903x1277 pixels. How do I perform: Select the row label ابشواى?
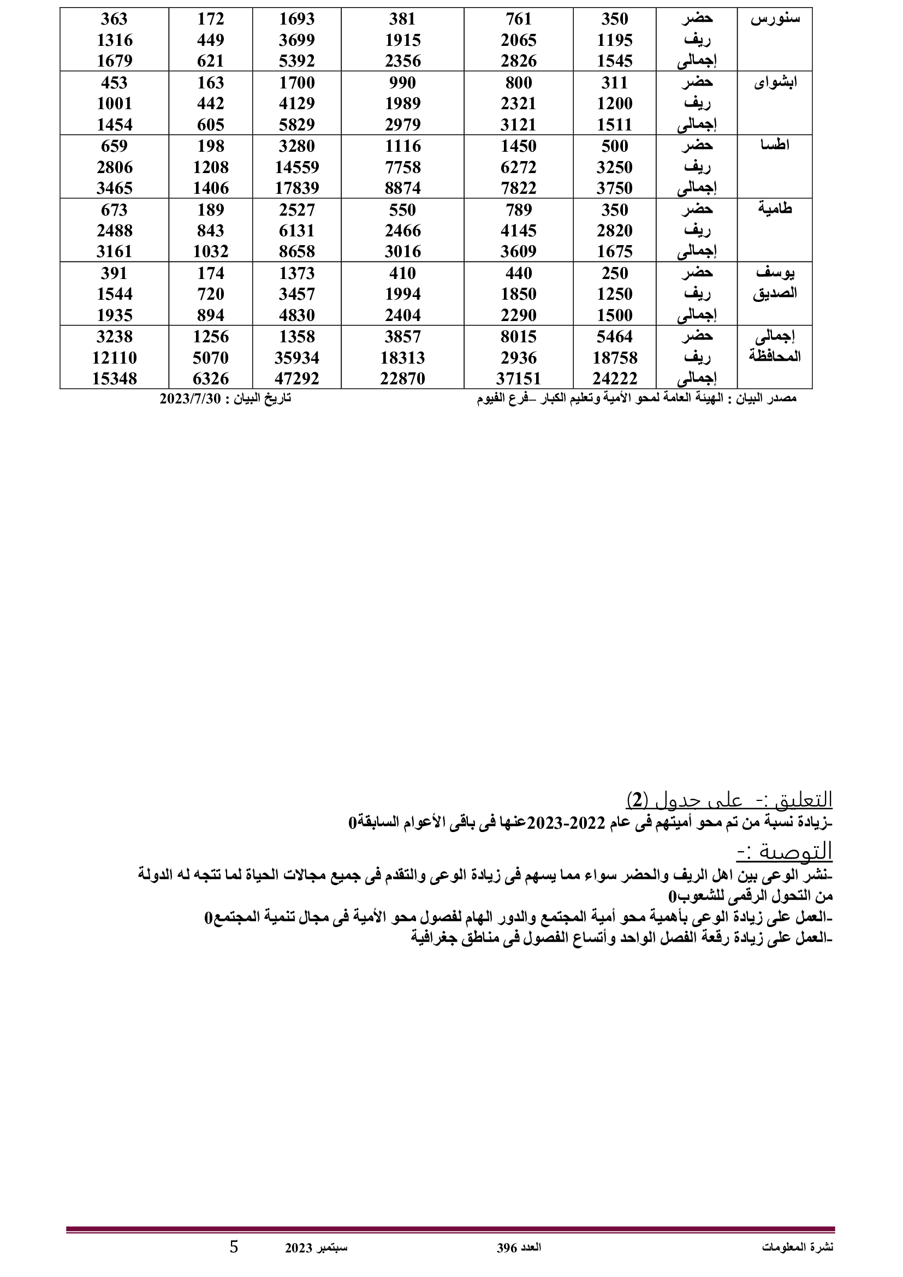pos(776,84)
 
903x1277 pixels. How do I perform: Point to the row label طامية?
pos(775,210)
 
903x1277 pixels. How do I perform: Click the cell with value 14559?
pos(297,168)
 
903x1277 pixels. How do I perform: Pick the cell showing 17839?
pos(297,188)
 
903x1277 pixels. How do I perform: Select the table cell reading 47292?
pos(297,379)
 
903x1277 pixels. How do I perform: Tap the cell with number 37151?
pos(519,379)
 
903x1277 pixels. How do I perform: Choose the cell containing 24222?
pos(614,379)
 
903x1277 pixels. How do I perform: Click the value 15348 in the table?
pos(114,379)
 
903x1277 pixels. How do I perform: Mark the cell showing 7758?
pos(402,168)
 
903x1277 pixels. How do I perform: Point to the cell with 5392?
pos(297,61)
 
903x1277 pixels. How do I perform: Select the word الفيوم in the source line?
pos(493,399)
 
